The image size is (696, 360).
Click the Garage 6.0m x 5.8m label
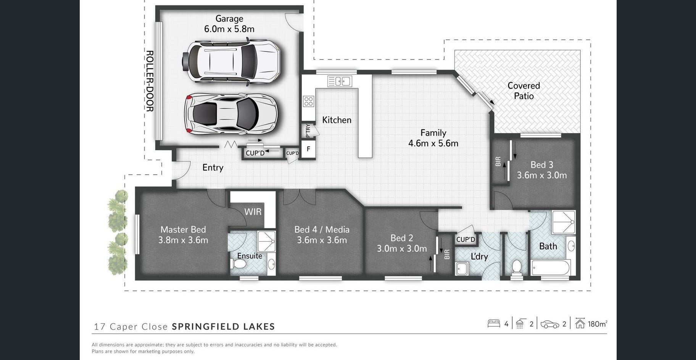coord(229,24)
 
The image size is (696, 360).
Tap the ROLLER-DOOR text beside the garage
coord(150,81)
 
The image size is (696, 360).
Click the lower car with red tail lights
coord(231,114)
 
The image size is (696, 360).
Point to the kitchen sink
coord(339,81)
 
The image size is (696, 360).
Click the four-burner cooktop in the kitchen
coord(308,101)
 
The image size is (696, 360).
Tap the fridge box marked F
coord(308,149)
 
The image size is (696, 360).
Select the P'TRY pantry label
coord(308,131)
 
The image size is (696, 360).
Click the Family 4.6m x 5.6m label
coord(433,138)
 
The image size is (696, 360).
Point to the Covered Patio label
coord(524,91)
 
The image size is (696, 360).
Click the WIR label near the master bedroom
coord(253,212)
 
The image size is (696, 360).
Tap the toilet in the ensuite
coord(239,264)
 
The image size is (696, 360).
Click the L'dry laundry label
coord(479,256)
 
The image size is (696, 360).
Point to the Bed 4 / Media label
coord(322,230)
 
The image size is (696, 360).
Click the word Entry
coord(213,167)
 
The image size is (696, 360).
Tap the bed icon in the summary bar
coord(494,324)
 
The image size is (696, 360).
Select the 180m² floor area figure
coord(598,324)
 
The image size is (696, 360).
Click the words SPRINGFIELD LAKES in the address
coord(224,326)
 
